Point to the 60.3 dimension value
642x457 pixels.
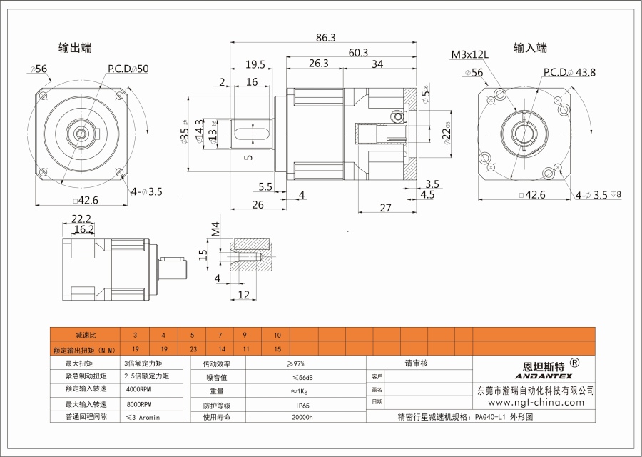(x=358, y=52)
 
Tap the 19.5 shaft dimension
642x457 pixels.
(x=255, y=64)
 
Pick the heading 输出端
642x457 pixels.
(x=74, y=48)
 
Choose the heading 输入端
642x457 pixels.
(x=530, y=48)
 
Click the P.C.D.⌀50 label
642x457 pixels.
(x=128, y=69)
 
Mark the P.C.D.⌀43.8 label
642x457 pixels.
(x=569, y=72)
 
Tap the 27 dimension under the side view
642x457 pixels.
(x=384, y=208)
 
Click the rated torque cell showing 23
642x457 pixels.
(x=192, y=350)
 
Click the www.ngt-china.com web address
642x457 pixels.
(x=534, y=403)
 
